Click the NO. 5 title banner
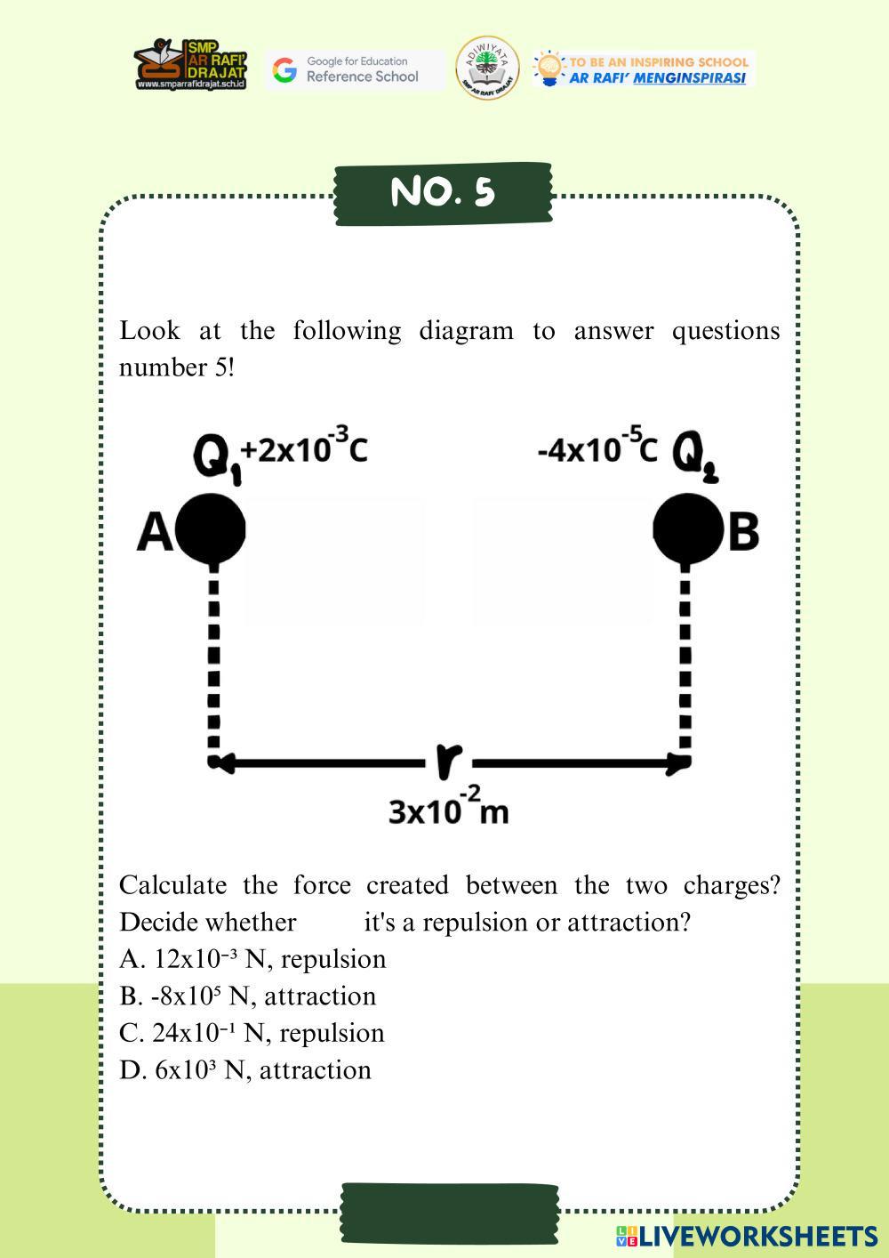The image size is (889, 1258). (x=443, y=192)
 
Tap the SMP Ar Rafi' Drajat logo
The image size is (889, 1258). (x=190, y=64)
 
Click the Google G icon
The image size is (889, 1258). (x=284, y=69)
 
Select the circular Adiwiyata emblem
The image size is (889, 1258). (x=487, y=68)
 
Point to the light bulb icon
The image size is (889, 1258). (x=549, y=69)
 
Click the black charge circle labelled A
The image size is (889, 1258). (x=211, y=528)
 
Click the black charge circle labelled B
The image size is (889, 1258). (x=685, y=528)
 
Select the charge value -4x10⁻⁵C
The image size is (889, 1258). (x=597, y=448)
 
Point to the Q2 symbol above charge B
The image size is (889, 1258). (x=694, y=456)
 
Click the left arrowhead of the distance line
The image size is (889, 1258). (x=221, y=762)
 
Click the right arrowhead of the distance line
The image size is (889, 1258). (x=680, y=762)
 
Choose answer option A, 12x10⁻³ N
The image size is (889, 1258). (x=252, y=959)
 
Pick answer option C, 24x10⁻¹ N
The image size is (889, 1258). (x=252, y=1033)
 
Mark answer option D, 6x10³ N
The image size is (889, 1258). (x=245, y=1070)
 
